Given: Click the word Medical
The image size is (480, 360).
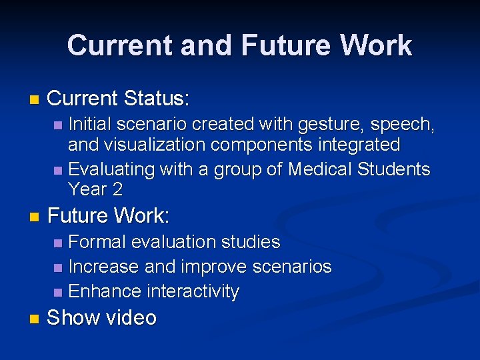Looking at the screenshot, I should point(319,169).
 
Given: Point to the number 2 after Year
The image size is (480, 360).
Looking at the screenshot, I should point(117,189).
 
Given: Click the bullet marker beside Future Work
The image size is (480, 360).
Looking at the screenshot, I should point(35,217).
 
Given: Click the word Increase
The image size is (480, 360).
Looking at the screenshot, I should point(103,267).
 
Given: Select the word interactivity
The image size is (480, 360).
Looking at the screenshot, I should point(193,291).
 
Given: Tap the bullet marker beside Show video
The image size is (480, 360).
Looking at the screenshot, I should point(35,319).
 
